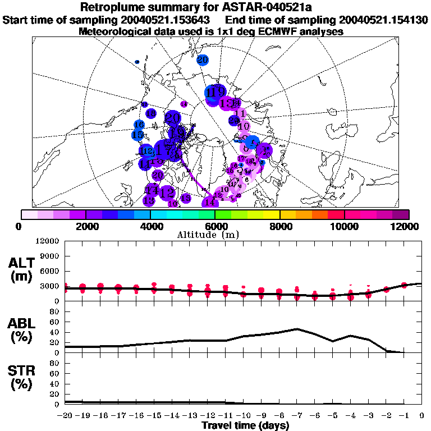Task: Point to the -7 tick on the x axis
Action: (x=297, y=416)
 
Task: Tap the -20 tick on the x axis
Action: (x=65, y=416)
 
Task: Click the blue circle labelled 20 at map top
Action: (x=203, y=59)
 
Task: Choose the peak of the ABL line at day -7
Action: (x=297, y=329)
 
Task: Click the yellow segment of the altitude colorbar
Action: (x=272, y=214)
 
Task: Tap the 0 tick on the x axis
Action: (x=421, y=416)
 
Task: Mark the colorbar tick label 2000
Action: (x=85, y=226)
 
